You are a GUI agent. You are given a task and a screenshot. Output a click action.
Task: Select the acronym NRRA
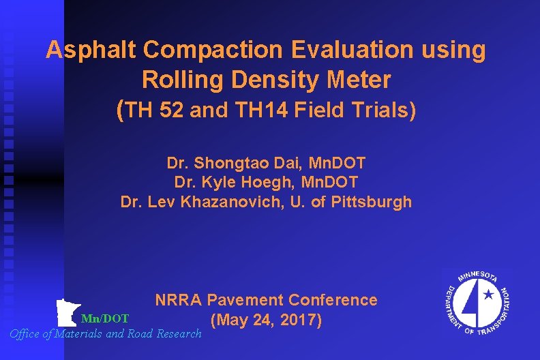[x=179, y=300]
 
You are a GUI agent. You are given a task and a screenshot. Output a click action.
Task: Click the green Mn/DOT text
[x=104, y=318]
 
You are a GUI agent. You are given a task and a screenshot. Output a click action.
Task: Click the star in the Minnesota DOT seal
[x=487, y=296]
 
